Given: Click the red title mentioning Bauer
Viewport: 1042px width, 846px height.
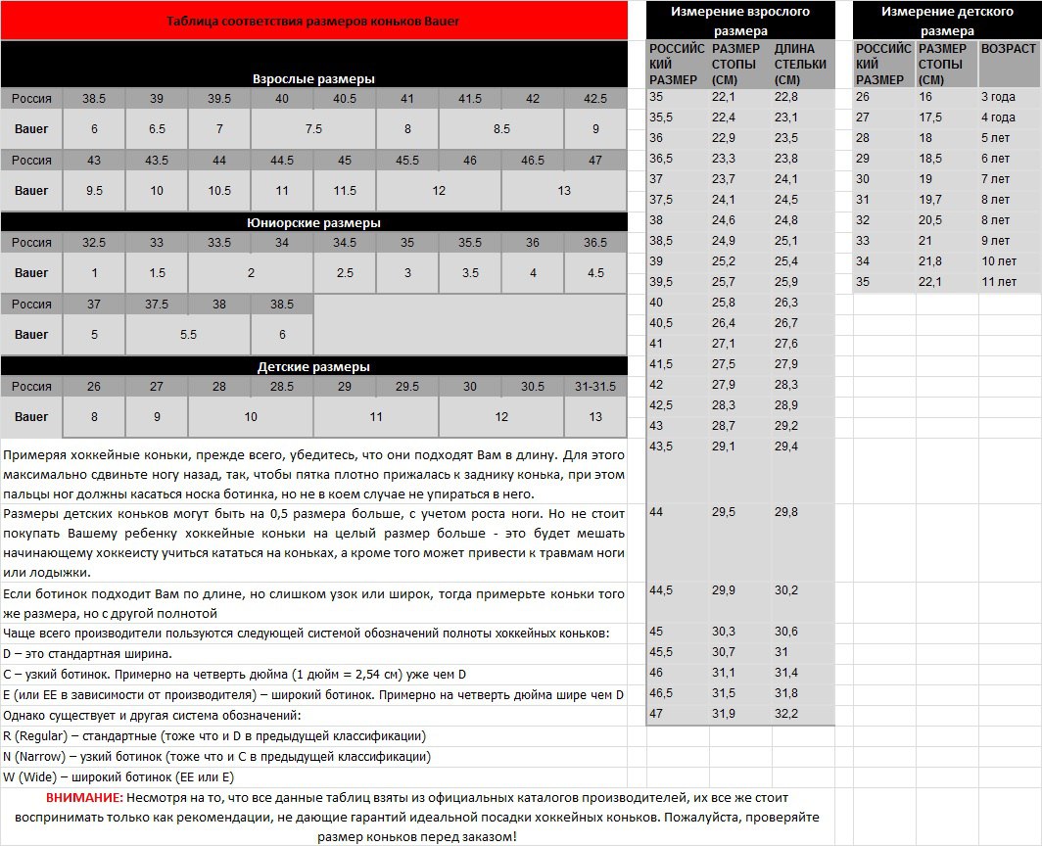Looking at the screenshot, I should click(313, 21).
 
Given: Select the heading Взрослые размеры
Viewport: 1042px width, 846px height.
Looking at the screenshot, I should click(313, 78).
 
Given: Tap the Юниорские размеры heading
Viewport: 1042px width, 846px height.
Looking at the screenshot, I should click(313, 222).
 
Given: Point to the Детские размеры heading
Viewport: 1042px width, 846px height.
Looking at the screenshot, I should click(313, 366).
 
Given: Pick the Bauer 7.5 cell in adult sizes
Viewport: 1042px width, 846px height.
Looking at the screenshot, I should click(313, 128).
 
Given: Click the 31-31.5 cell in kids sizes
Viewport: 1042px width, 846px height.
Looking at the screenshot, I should click(595, 386).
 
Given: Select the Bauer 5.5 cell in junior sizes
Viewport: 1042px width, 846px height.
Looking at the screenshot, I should click(188, 334).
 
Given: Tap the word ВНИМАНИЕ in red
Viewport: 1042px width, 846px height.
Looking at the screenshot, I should click(84, 797).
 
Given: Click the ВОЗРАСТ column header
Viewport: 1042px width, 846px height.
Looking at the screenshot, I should click(1008, 48).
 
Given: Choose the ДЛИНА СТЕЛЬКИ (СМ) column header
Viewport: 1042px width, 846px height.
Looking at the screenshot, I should click(800, 64).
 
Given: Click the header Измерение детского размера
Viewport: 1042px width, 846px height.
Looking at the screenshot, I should click(946, 21).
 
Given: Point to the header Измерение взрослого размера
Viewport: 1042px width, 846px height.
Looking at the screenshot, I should click(740, 21).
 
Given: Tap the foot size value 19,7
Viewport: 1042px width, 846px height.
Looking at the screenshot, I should click(931, 200).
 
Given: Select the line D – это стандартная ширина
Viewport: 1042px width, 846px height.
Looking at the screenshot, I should click(88, 653).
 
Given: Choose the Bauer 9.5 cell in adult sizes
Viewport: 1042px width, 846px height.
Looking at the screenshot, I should click(94, 190).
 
